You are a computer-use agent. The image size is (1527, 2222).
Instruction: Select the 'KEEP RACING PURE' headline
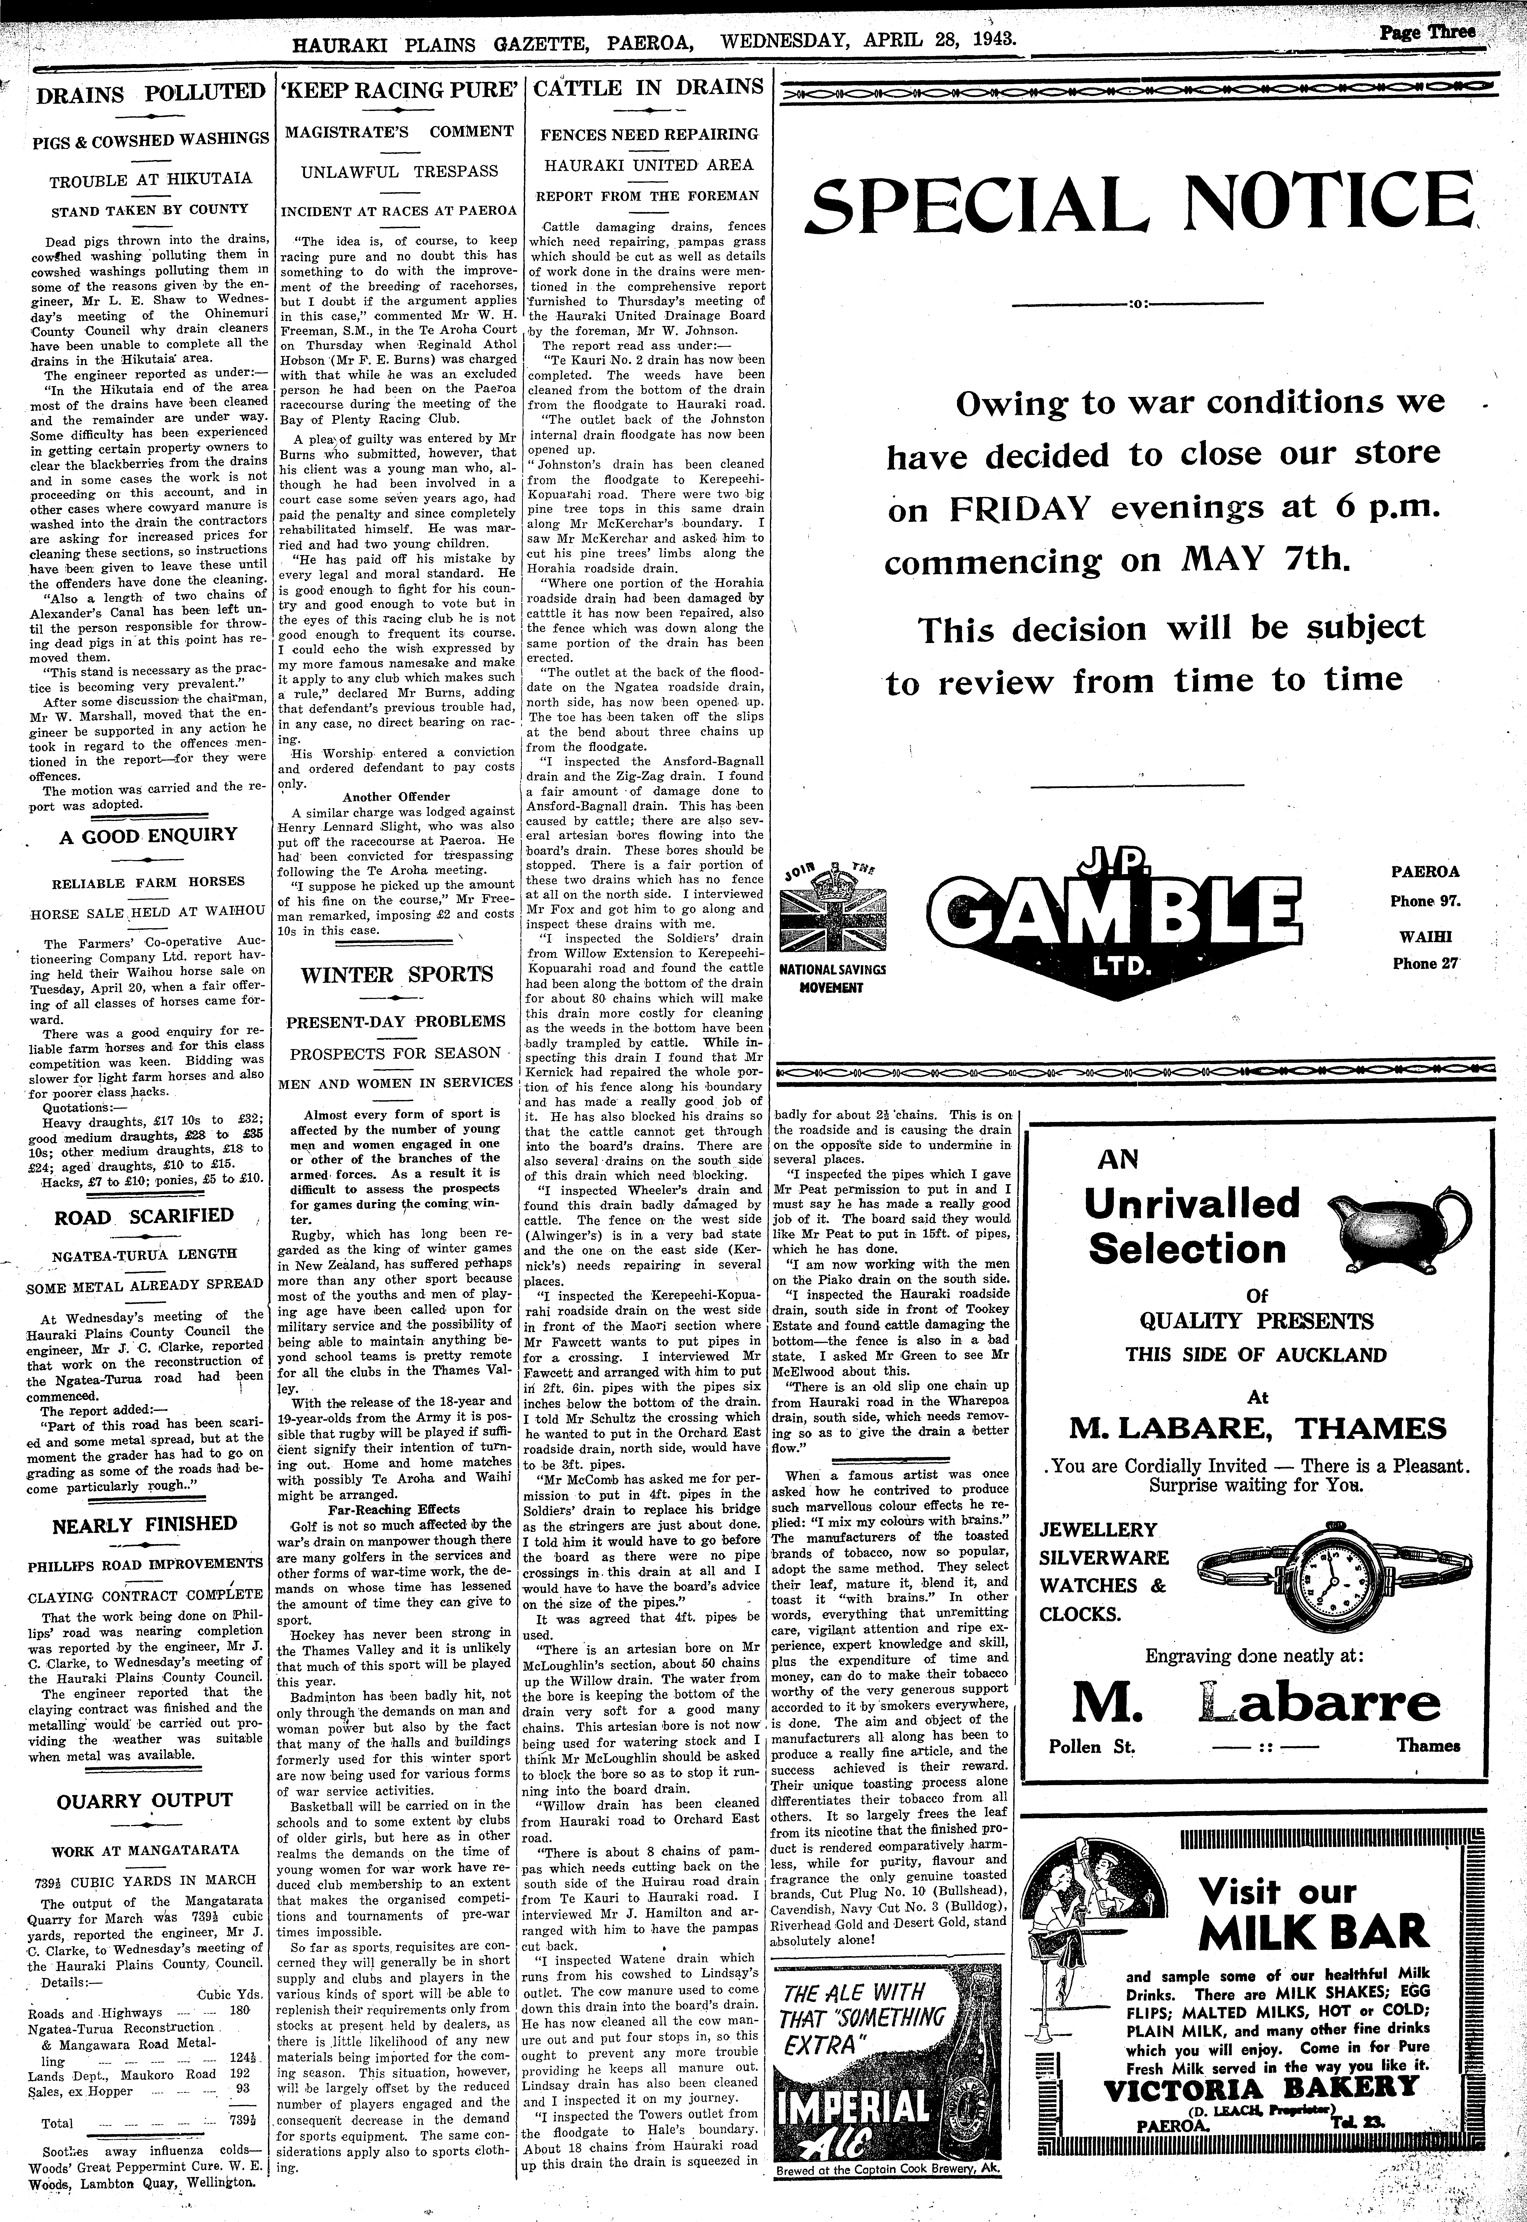[399, 91]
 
